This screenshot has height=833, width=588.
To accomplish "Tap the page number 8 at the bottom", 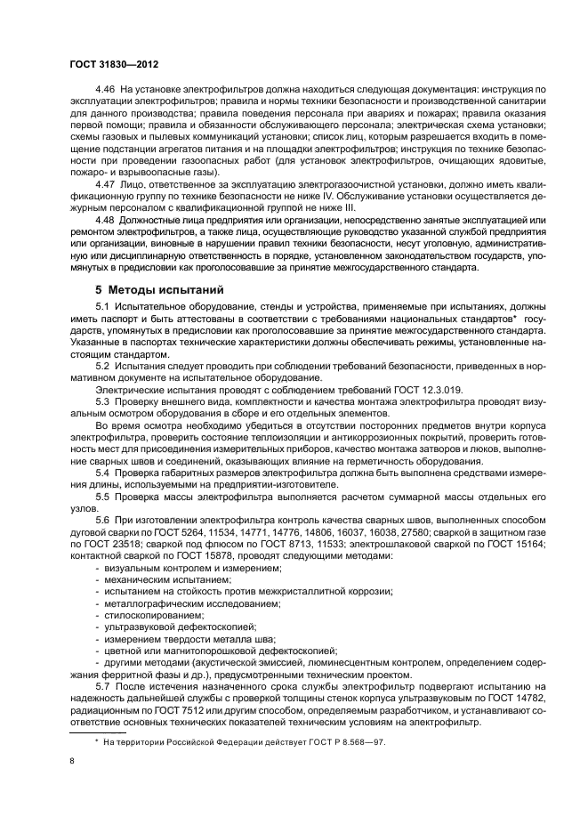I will [72, 760].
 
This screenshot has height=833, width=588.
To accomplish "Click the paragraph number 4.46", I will [106, 91].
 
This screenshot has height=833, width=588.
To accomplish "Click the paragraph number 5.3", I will [104, 402].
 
